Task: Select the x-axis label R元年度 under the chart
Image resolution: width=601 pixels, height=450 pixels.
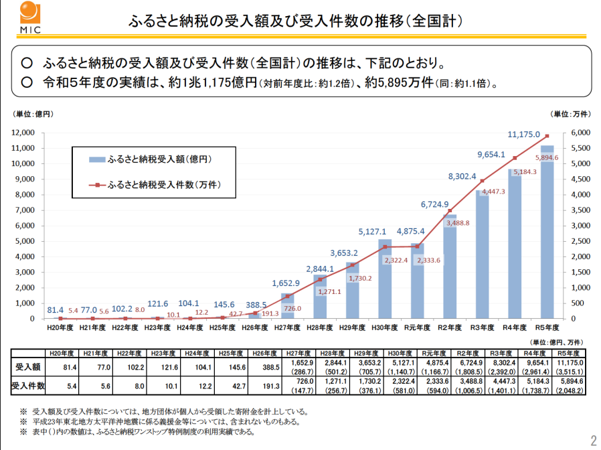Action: point(418,328)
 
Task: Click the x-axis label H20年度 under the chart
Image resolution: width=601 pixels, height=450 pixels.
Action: point(59,328)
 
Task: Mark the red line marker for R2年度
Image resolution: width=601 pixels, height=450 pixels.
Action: point(450,211)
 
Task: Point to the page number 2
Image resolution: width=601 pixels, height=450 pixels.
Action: point(592,440)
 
